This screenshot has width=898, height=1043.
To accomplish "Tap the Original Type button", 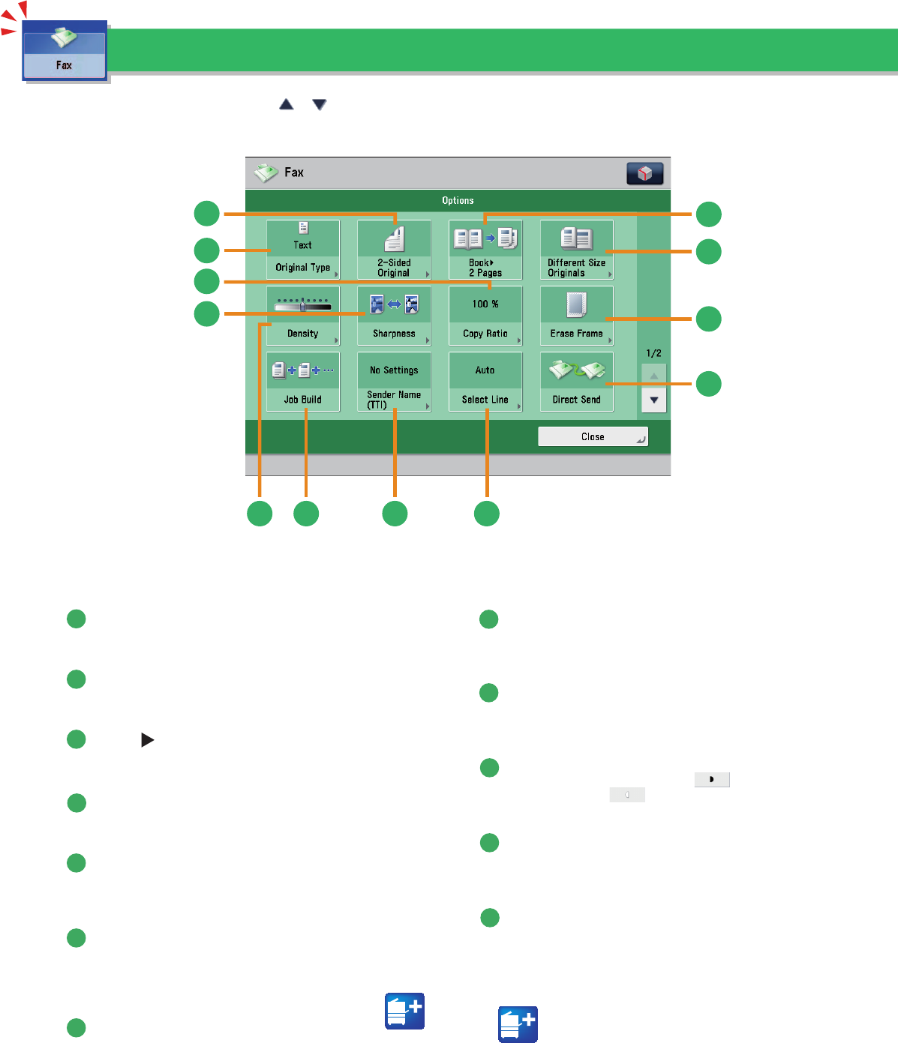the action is (x=303, y=250).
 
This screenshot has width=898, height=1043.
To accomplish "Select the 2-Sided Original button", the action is (x=394, y=250).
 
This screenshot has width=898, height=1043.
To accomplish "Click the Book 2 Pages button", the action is (x=485, y=250).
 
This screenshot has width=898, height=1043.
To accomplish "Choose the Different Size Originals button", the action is (x=576, y=250).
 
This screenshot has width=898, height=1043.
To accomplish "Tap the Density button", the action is (x=303, y=316).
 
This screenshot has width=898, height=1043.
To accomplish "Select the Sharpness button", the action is (x=394, y=316).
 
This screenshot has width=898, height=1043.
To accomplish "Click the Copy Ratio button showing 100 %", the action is (x=485, y=316).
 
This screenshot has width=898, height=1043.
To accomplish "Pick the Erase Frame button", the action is (x=576, y=316).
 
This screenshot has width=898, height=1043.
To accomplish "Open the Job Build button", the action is (x=303, y=382).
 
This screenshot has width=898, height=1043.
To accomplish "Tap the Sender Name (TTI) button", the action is (x=394, y=382).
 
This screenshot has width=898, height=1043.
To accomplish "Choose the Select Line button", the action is (x=485, y=382).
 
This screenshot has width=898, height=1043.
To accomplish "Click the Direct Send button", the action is (x=576, y=382).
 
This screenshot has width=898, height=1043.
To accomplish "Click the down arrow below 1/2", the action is (x=654, y=400).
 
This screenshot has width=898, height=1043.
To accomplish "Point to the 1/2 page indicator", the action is (x=654, y=353).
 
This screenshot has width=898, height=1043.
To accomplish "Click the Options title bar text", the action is (x=458, y=201).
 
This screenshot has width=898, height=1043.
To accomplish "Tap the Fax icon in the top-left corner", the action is (x=65, y=51).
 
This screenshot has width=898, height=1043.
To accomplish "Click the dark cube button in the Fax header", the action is (x=644, y=173).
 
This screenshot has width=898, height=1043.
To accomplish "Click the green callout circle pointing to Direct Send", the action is (x=708, y=384).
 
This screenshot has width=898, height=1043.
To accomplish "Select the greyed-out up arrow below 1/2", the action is (x=654, y=375).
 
